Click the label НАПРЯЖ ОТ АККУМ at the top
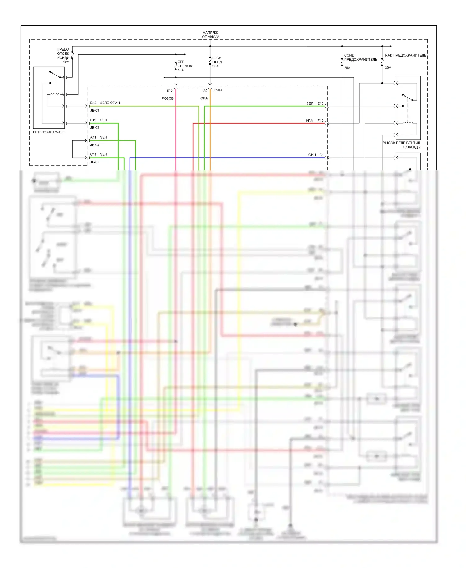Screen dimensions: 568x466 (211, 34)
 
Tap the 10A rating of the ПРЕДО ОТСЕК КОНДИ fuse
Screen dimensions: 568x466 (66, 62)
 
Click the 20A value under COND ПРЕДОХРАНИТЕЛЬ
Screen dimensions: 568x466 (347, 68)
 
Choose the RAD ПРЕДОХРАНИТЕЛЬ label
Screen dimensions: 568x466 (405, 55)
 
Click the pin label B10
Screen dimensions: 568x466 (169, 91)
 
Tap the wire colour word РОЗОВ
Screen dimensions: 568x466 (167, 98)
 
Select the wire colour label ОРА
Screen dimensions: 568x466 (204, 98)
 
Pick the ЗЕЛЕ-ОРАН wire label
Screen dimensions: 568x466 (110, 103)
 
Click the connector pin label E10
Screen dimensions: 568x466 (320, 103)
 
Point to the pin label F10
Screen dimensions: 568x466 (320, 121)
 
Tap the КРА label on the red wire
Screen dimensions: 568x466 (309, 121)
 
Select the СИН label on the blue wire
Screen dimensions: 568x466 (312, 155)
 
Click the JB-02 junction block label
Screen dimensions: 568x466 (95, 128)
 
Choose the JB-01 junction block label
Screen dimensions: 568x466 (95, 162)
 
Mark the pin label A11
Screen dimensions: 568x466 (93, 137)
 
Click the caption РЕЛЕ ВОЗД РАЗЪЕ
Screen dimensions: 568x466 (49, 132)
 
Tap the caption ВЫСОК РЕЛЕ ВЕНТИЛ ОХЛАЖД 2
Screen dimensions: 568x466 (401, 145)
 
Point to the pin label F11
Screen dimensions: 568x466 (93, 120)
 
